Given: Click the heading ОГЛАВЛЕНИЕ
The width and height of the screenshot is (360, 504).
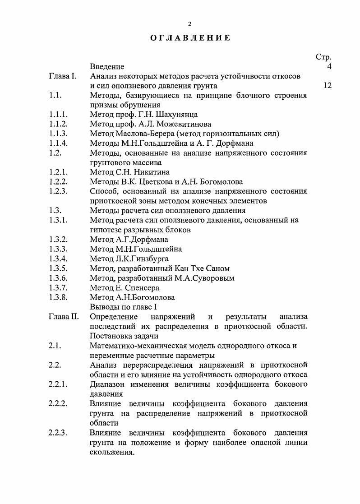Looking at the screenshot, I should [x=190, y=38].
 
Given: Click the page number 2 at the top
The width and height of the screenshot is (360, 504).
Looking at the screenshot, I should [x=190, y=23].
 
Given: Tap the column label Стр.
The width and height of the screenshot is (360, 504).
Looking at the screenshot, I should [x=323, y=57].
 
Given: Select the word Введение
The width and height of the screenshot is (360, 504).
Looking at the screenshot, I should [x=107, y=67].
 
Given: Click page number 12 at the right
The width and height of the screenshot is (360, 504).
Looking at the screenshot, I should [x=328, y=85].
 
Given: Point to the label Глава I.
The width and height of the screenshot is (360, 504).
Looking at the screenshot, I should [x=63, y=76].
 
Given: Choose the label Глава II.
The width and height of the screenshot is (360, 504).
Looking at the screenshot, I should [x=64, y=317].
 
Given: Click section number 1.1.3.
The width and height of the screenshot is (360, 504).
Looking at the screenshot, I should [x=59, y=134].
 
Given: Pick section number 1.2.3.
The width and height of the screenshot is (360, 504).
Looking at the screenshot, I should [x=59, y=191].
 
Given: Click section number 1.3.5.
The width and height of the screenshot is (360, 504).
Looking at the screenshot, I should [x=59, y=268].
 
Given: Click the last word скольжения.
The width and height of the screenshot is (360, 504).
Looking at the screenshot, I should [x=112, y=452].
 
